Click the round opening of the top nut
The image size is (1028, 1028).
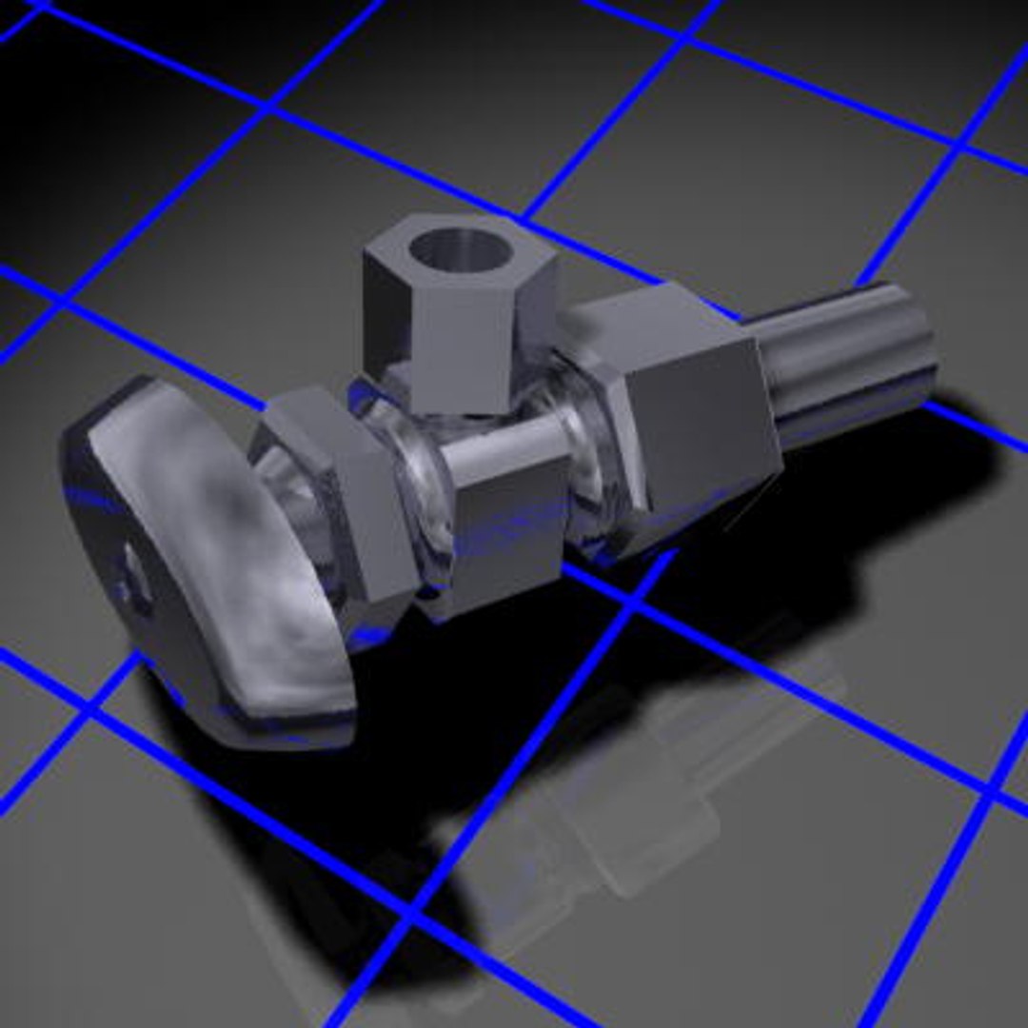[461, 249]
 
